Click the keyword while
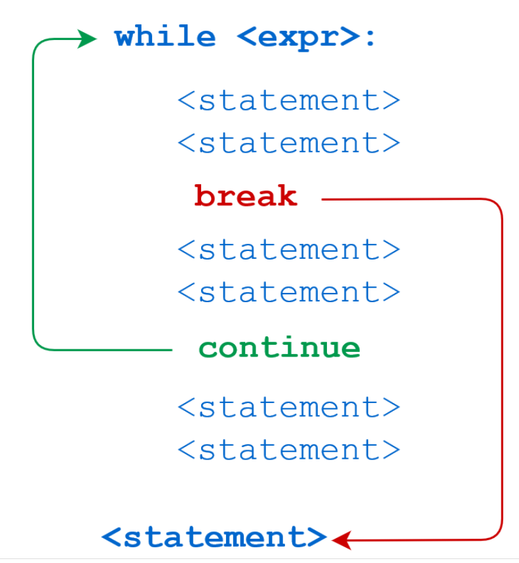click(164, 37)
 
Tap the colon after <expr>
click(370, 38)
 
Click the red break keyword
click(246, 196)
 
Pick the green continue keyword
click(279, 347)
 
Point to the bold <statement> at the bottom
click(214, 537)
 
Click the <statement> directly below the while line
click(288, 101)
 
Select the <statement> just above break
click(288, 143)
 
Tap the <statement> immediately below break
click(288, 250)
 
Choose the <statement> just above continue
click(288, 292)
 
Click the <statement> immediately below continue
click(288, 408)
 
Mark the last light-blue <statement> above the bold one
click(288, 450)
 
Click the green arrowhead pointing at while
click(88, 39)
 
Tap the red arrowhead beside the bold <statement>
click(341, 540)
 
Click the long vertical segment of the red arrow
click(502, 367)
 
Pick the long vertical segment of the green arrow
click(33, 197)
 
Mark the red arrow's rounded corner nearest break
click(497, 204)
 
